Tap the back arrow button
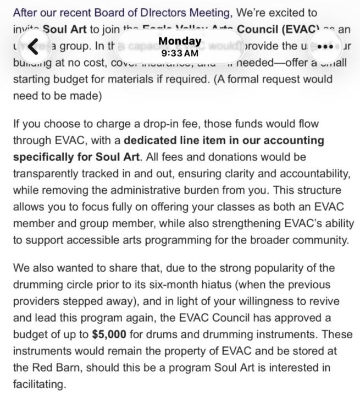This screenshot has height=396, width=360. tap(34, 47)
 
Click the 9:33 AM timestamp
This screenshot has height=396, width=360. tap(179, 53)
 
